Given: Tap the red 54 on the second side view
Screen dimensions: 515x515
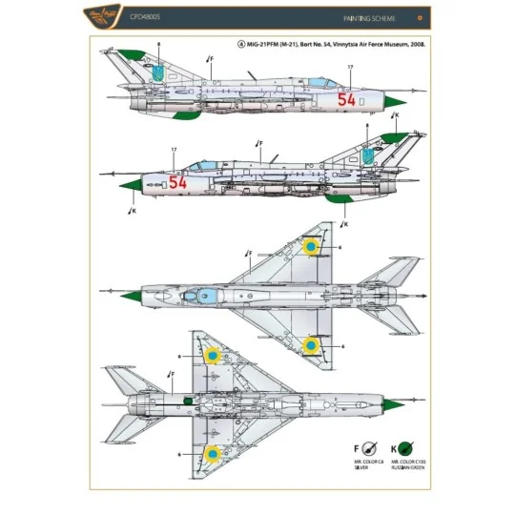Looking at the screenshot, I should (x=177, y=181).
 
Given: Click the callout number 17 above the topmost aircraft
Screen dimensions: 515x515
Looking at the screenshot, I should (x=351, y=66).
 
